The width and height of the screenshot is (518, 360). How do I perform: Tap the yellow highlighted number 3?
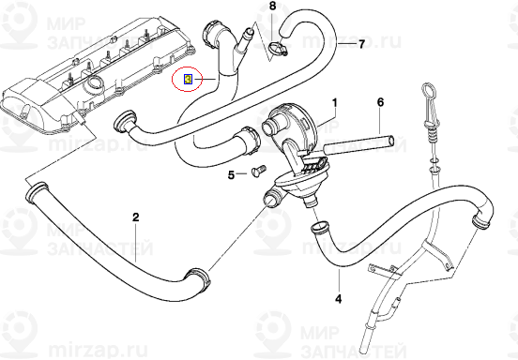pos(187,80)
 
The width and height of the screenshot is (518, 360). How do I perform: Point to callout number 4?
pos(340,299)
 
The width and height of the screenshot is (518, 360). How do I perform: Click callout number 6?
pos(381,100)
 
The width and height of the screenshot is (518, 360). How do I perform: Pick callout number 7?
pos(361,44)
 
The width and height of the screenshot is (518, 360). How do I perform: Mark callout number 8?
pos(273,7)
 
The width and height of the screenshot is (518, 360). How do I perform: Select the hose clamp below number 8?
pos(275,44)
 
